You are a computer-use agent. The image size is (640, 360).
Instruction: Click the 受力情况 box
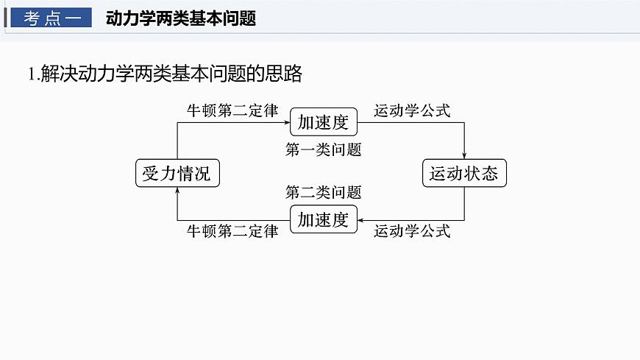[x=177, y=174]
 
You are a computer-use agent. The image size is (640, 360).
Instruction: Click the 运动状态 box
[x=463, y=174]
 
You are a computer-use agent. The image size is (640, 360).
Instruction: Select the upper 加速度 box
[x=323, y=121]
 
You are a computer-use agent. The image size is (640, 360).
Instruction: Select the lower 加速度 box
[x=323, y=219]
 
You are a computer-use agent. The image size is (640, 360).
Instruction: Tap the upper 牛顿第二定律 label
[x=232, y=111]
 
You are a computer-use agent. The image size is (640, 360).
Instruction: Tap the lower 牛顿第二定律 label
[x=232, y=231]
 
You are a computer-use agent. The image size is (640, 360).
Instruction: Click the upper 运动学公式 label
[x=411, y=111]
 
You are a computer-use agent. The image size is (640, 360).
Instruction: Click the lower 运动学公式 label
[x=411, y=231]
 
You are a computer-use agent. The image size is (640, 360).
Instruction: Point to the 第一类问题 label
[x=323, y=149]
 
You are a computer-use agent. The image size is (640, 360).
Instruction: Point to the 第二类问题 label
[x=323, y=193]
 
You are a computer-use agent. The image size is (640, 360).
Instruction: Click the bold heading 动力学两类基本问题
[x=180, y=18]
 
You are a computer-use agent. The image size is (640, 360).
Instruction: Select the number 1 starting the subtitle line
[x=30, y=74]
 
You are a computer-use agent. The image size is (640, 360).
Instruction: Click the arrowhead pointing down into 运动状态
[x=464, y=155]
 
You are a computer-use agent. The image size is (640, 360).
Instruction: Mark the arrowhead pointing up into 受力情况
[x=177, y=191]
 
